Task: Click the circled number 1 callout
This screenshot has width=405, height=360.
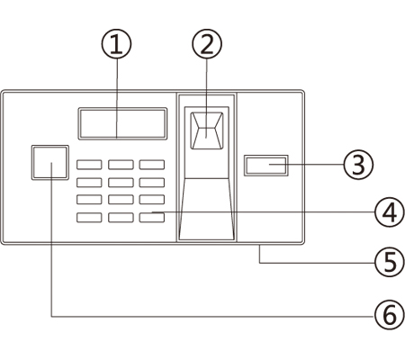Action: click(x=116, y=43)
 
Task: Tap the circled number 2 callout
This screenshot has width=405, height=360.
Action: click(x=207, y=43)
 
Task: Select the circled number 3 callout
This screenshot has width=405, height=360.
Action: click(x=358, y=164)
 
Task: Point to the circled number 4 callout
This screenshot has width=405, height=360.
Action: click(x=390, y=212)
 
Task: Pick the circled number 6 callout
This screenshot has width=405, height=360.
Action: click(x=390, y=315)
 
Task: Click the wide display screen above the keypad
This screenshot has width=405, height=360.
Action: click(x=122, y=123)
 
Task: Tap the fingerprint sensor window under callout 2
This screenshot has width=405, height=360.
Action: click(x=207, y=130)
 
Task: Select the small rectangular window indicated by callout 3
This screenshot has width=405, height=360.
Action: click(x=266, y=166)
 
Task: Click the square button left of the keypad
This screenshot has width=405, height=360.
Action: click(x=50, y=163)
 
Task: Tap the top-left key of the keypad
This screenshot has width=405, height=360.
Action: click(x=89, y=165)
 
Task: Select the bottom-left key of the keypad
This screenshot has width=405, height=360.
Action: click(x=89, y=218)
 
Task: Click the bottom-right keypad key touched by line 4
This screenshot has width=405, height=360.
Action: click(x=152, y=218)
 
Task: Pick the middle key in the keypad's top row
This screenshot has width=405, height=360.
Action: click(x=121, y=165)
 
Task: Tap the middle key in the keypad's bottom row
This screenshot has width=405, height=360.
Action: click(x=121, y=218)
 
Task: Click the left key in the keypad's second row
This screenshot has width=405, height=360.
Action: click(x=89, y=183)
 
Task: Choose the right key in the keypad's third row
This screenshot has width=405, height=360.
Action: click(x=152, y=200)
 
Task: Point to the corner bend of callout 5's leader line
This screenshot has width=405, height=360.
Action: click(x=259, y=263)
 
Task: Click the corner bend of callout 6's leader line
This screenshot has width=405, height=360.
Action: click(x=51, y=316)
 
